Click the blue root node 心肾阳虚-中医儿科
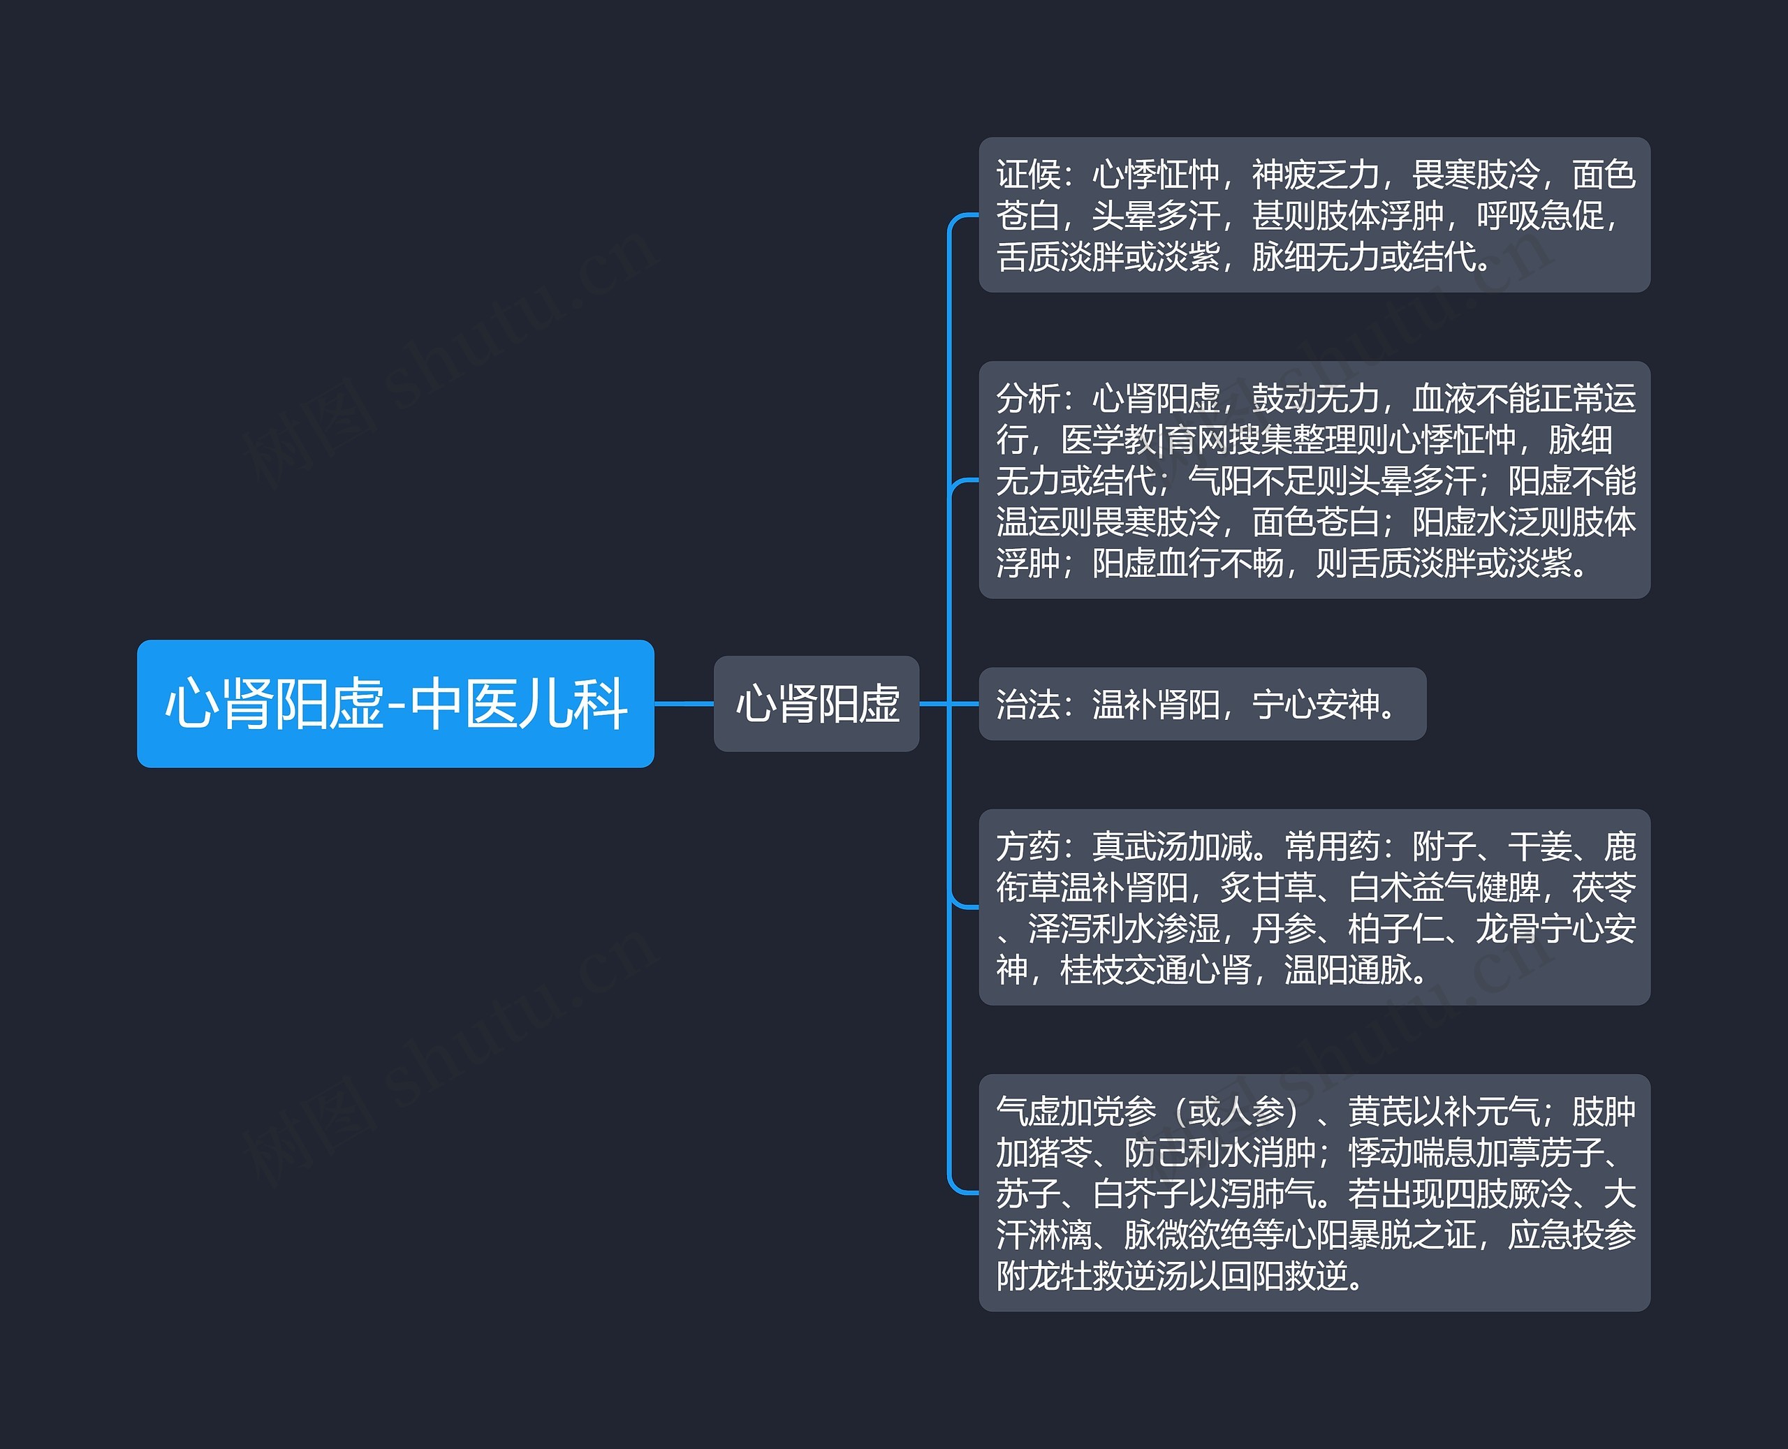[395, 704]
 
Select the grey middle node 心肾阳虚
[816, 704]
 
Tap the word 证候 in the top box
[1027, 175]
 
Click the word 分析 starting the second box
[1027, 399]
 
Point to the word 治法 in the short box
[1027, 705]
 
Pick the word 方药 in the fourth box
[1027, 846]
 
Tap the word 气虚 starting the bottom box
[1027, 1112]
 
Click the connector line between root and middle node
[684, 704]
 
